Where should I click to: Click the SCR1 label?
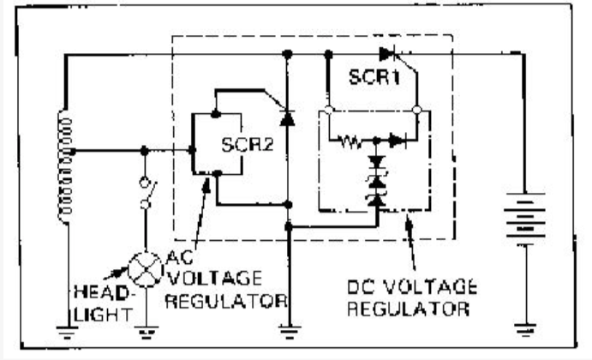[373, 76]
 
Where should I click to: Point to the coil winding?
[63, 167]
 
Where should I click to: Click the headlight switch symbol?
[147, 194]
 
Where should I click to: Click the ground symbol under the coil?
[64, 327]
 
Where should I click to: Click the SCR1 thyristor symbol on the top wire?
[392, 54]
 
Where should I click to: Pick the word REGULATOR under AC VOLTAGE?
[224, 302]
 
